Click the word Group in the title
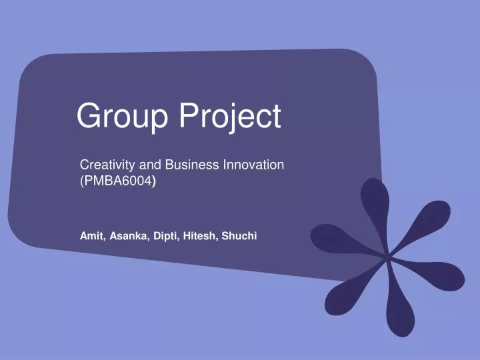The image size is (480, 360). click(123, 117)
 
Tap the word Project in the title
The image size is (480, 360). click(229, 117)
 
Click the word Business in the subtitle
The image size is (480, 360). click(189, 165)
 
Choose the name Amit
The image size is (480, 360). click(92, 236)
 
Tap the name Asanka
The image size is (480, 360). click(129, 236)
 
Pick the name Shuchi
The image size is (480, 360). click(239, 236)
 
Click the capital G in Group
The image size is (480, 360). click(87, 117)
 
